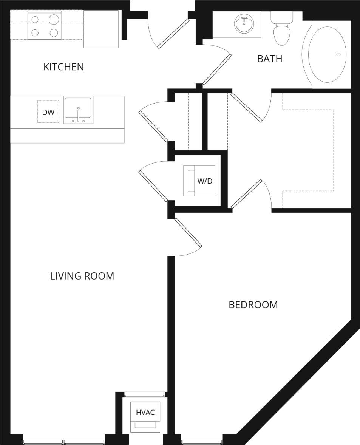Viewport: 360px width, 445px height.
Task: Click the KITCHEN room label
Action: (63, 67)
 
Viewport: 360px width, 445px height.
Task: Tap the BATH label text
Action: (269, 59)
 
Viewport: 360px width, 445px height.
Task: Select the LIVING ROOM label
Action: (82, 276)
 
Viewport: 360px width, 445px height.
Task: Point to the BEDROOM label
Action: (253, 305)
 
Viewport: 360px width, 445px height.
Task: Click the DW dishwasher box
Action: (48, 112)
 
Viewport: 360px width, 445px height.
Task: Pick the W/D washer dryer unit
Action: (199, 181)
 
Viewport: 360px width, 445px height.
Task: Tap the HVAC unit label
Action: (145, 413)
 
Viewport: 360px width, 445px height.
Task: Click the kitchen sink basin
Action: (78, 109)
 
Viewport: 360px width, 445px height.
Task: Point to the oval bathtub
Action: (327, 54)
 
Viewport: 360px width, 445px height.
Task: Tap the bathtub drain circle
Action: (338, 54)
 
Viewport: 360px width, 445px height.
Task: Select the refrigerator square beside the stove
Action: (101, 29)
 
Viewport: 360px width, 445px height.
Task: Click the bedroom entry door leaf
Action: (188, 232)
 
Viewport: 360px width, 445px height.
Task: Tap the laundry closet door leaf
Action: (153, 186)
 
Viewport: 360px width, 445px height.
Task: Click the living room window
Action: (64, 442)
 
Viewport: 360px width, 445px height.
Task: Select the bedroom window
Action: (202, 442)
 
